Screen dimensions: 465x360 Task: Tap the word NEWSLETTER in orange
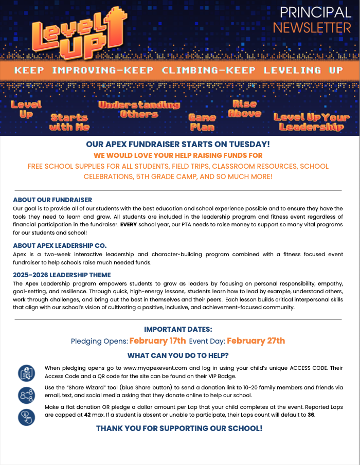(x=312, y=27)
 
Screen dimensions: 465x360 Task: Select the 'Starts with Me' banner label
(x=69, y=122)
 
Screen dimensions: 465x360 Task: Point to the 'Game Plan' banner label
(x=202, y=122)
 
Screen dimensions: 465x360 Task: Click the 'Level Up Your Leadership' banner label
(x=311, y=122)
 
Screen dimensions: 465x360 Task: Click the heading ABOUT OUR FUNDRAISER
(x=52, y=200)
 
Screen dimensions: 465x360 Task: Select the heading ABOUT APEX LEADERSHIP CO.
(x=60, y=245)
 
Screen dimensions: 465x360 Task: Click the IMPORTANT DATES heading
(x=178, y=329)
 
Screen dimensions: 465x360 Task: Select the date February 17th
(x=157, y=341)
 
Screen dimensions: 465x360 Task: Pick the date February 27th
(x=256, y=341)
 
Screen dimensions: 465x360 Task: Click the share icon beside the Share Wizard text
(x=26, y=395)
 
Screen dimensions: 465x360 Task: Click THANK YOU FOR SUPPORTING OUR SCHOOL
(x=179, y=428)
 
